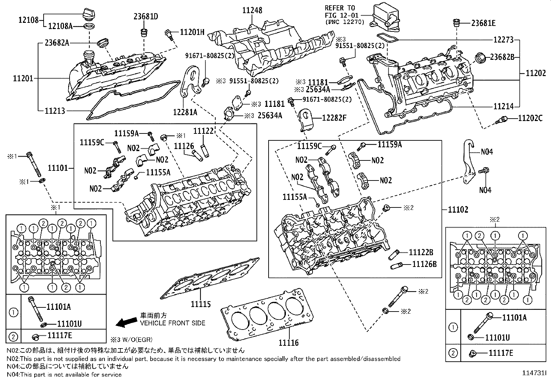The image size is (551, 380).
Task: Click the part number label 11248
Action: point(252,10)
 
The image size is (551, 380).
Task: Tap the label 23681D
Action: point(146,16)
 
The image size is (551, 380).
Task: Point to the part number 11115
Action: point(200,304)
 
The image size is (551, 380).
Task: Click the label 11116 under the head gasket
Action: point(289,343)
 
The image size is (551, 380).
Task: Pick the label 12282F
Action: point(334,117)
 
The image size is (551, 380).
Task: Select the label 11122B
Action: point(421,252)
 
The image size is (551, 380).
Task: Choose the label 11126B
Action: point(424,264)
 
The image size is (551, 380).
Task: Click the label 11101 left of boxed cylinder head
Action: point(58,168)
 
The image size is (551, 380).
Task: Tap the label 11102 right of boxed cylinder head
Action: point(458,209)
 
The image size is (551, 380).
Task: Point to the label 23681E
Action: point(483,23)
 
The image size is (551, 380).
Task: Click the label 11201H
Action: point(192,32)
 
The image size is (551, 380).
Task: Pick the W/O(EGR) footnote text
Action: point(132,340)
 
